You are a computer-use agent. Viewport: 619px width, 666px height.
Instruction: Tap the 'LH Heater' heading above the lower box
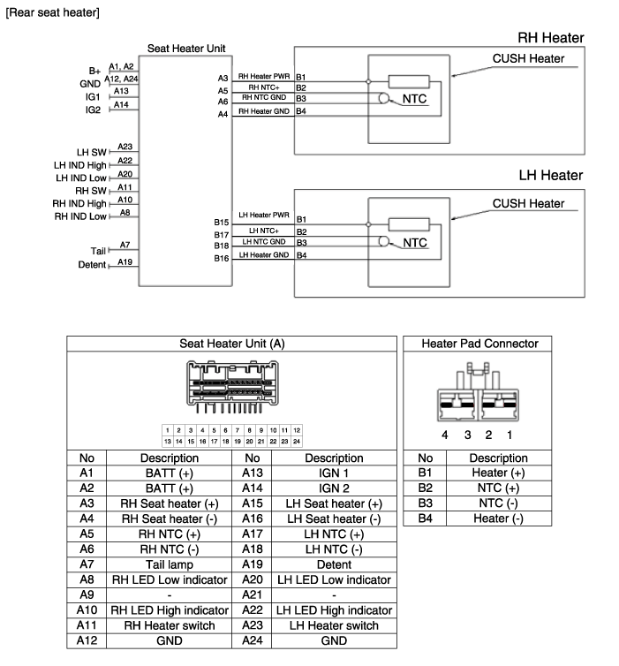(x=550, y=176)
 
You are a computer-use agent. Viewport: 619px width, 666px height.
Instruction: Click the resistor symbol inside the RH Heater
(x=409, y=81)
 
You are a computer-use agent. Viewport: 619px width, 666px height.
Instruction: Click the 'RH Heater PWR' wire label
(x=262, y=77)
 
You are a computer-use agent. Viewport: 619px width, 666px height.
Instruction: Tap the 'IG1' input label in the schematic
(x=93, y=96)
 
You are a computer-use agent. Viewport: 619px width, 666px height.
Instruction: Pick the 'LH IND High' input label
(x=80, y=165)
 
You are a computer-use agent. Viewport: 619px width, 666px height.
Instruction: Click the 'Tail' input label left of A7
(x=98, y=251)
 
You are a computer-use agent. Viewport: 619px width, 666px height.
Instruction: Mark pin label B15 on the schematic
(x=221, y=223)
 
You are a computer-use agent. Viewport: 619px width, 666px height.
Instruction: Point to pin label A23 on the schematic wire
(x=125, y=147)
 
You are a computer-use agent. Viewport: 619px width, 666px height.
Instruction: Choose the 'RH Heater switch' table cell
(x=169, y=625)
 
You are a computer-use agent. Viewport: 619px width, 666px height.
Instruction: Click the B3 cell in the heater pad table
(x=425, y=503)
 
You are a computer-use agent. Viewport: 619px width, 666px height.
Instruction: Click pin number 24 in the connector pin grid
(x=297, y=440)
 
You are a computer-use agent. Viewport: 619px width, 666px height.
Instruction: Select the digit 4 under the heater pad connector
(x=446, y=435)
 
